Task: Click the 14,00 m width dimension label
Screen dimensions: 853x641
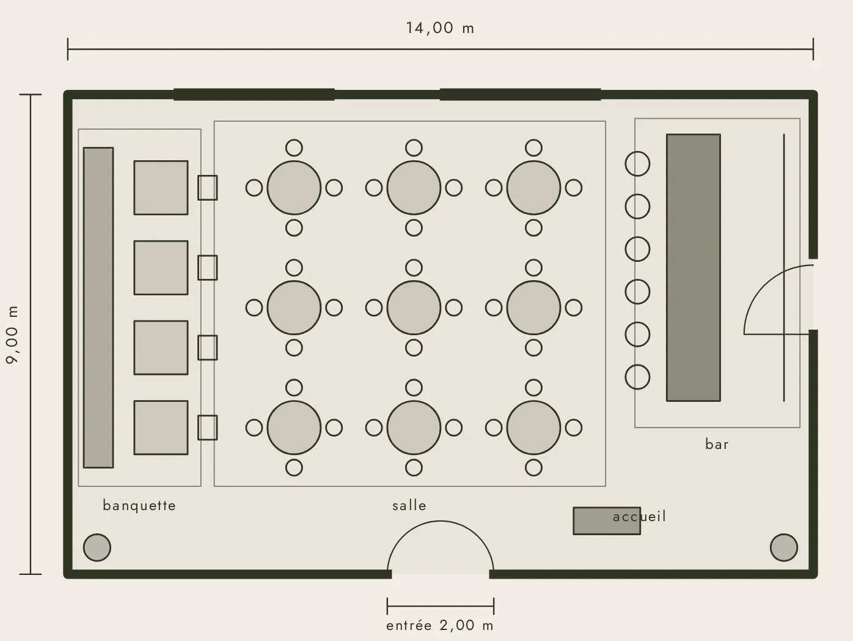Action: pos(440,28)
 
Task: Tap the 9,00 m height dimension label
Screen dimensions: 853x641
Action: pos(12,335)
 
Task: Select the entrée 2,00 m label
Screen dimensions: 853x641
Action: pos(440,626)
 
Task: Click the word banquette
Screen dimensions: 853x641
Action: pos(139,506)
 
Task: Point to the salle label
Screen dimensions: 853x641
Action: pos(409,506)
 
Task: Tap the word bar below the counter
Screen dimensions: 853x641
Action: pos(717,444)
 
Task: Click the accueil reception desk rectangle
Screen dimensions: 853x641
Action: pos(607,521)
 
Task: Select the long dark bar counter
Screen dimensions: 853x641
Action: pos(694,268)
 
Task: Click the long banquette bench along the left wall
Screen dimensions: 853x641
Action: pos(98,307)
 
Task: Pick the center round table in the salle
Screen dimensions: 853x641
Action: pos(414,308)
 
